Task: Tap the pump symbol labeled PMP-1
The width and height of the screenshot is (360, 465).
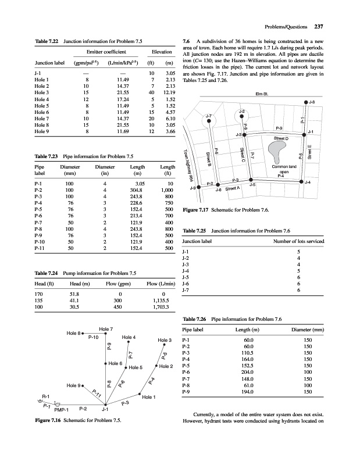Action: coord(56,403)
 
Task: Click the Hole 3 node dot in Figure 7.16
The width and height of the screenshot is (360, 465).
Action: coord(165,345)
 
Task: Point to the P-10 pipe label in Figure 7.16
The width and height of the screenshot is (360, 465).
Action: coord(94,337)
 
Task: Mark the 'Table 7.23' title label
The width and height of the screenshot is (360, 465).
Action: coord(48,157)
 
